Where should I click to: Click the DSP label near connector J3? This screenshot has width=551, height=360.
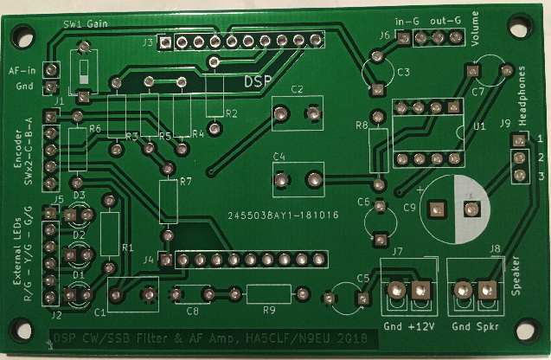point(257,80)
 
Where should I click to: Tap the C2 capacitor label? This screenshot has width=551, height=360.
point(297,90)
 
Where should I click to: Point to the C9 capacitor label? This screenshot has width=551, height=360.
point(410,208)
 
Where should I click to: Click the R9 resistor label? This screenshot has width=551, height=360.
point(269,309)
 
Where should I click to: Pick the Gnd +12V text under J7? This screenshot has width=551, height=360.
point(407,327)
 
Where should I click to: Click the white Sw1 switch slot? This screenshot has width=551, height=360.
point(84,70)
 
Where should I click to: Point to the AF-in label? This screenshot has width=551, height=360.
point(22,70)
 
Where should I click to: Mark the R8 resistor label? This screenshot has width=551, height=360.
point(362,126)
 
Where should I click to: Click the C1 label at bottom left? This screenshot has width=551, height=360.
point(99,312)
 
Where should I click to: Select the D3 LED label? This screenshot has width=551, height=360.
point(79,196)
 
